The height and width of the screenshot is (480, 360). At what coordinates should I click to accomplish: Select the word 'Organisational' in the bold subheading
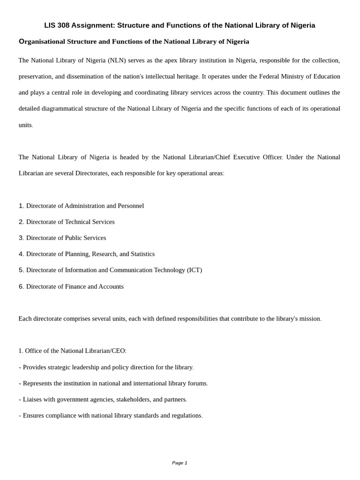pos(42,42)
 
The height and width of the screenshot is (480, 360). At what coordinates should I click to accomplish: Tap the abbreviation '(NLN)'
pos(116,60)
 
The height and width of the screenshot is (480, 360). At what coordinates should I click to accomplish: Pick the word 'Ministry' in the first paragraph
pos(293,76)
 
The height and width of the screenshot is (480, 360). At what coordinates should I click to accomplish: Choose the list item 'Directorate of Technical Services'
pos(70,222)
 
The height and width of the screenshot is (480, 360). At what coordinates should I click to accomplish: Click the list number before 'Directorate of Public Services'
pos(21,238)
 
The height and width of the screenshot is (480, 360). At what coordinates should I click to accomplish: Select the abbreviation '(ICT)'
pos(195,270)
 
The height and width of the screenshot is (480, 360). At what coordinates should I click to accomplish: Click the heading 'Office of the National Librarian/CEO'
pos(75,351)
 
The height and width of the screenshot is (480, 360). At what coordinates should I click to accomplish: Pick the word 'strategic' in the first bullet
pos(65,367)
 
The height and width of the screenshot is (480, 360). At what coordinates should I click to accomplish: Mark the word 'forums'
pos(197,383)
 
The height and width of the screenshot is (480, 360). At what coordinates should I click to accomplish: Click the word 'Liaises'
pos(34,399)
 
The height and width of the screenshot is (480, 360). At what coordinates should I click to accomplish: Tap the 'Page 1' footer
pos(180,463)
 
